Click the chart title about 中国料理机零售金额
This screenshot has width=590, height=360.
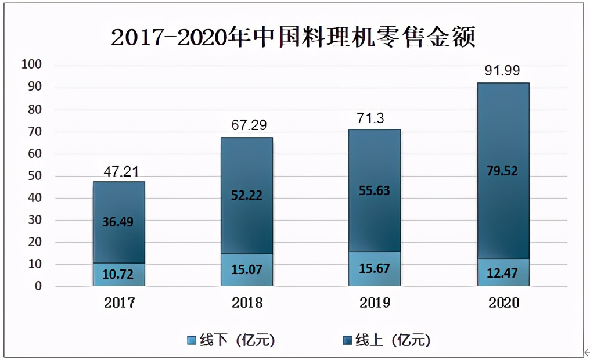293,38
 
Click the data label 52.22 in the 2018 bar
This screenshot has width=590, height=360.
246,196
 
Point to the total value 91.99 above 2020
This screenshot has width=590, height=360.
502,71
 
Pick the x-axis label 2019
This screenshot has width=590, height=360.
375,303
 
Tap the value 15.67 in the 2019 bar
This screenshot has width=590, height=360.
375,269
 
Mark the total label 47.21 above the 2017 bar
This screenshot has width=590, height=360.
119,171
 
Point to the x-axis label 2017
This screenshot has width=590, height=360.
119,303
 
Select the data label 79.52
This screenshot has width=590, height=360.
503,171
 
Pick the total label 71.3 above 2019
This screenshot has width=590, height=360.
375,119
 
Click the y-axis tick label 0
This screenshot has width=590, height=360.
38,286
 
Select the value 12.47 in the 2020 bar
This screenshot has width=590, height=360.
503,273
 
